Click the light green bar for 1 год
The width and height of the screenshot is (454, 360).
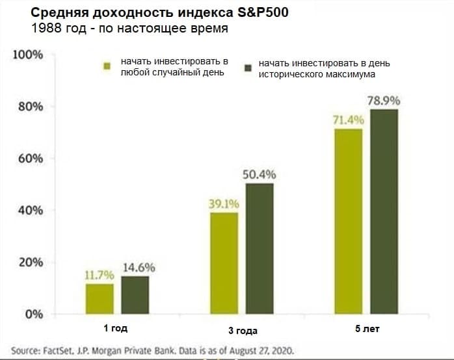click(99, 299)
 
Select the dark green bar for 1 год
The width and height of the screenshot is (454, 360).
click(135, 296)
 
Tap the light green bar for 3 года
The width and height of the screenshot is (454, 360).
click(223, 263)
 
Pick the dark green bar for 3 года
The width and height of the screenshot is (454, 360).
click(259, 249)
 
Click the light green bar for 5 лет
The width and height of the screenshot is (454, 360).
click(348, 221)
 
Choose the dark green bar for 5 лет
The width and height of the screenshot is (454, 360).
click(384, 211)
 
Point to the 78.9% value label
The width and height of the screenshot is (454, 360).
click(383, 101)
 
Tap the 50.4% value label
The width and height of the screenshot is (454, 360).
click(260, 175)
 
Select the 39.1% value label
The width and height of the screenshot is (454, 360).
click(224, 204)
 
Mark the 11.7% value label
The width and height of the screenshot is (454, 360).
click(99, 276)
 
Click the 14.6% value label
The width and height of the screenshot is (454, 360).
click(135, 268)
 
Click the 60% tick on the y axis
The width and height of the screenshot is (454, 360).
click(30, 159)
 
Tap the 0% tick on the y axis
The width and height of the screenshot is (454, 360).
click(33, 315)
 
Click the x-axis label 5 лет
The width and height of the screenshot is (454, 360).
click(366, 329)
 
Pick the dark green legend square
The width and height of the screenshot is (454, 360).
click(247, 68)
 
